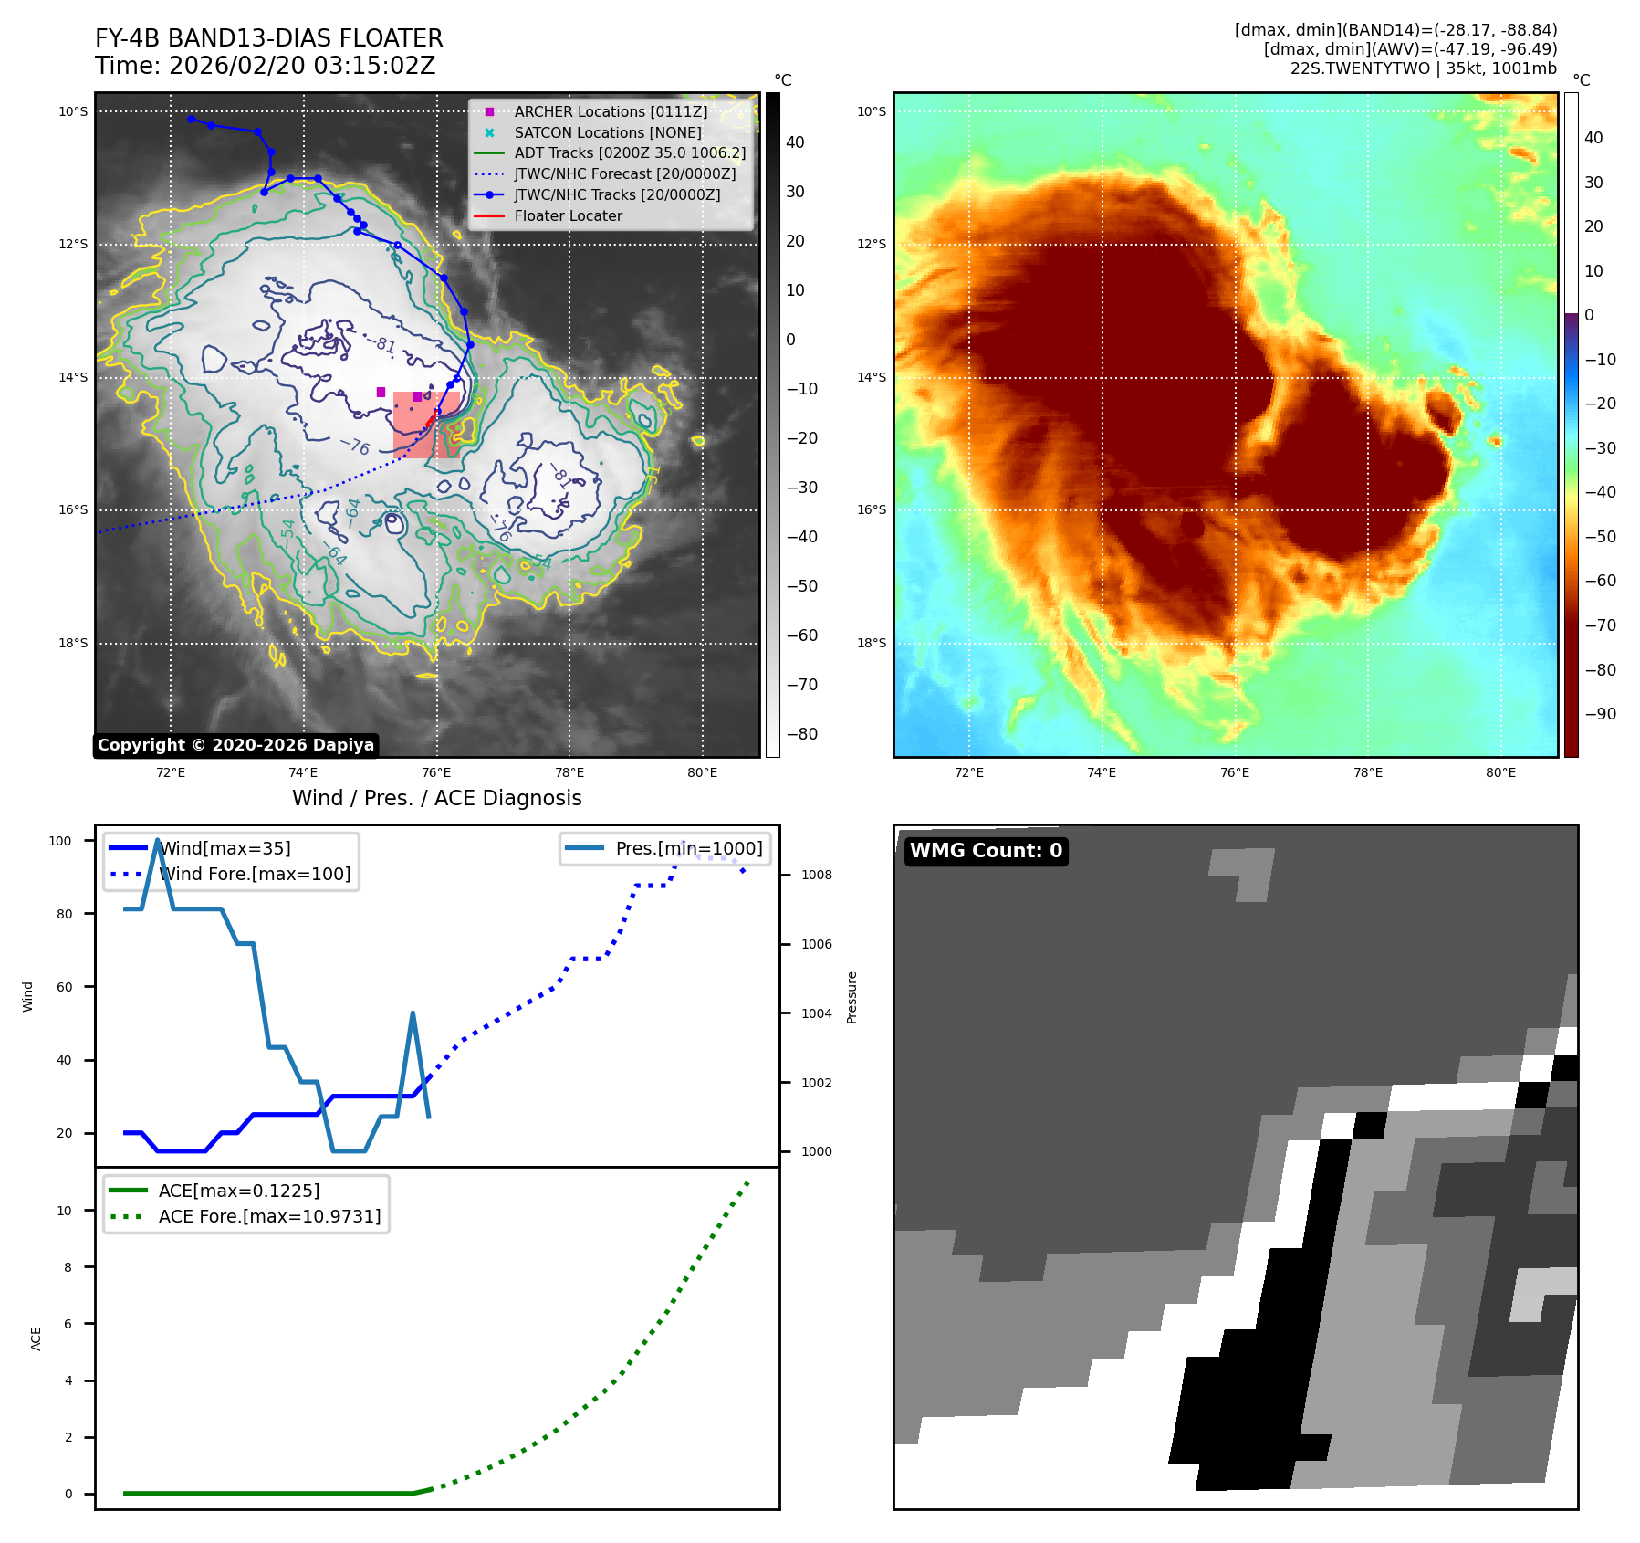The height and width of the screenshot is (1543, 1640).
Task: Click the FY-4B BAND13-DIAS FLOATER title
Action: pyautogui.click(x=268, y=38)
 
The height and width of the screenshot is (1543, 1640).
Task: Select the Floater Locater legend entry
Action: pyautogui.click(x=568, y=215)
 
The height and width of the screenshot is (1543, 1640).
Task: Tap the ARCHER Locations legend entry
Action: pyautogui.click(x=610, y=111)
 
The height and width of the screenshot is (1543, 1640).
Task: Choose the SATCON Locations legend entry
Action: pyautogui.click(x=607, y=132)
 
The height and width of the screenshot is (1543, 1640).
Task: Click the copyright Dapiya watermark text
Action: pyautogui.click(x=235, y=745)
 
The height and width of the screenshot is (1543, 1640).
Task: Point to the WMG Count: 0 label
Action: pyautogui.click(x=986, y=851)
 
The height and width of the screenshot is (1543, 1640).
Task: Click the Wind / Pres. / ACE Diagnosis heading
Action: pyautogui.click(x=436, y=798)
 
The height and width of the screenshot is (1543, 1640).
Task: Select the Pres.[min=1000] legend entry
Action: pyautogui.click(x=688, y=848)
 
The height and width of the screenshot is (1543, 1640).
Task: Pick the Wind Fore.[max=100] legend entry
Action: pyautogui.click(x=254, y=874)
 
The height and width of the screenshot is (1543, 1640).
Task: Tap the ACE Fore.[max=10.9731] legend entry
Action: pyautogui.click(x=269, y=1216)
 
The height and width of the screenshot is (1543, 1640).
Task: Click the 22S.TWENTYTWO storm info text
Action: pyautogui.click(x=1423, y=68)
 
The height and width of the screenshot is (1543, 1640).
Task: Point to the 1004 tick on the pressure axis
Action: pyautogui.click(x=816, y=1013)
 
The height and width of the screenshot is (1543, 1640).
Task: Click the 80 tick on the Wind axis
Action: pyautogui.click(x=64, y=914)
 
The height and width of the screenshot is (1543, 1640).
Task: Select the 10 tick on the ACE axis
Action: pyautogui.click(x=64, y=1211)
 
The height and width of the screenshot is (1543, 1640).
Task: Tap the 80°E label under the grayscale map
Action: pyautogui.click(x=702, y=772)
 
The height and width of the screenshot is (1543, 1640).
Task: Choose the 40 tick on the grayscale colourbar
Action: pyautogui.click(x=795, y=142)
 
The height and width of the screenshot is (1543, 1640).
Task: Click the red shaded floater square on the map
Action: pyautogui.click(x=425, y=425)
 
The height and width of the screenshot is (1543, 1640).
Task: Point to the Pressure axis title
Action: pyautogui.click(x=851, y=997)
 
